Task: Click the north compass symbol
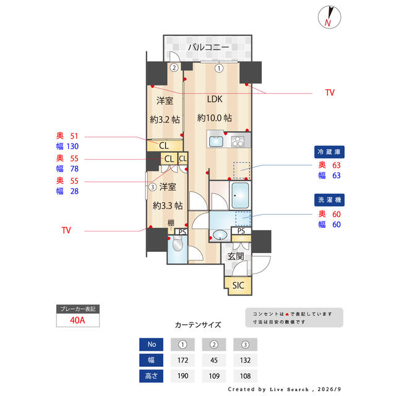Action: coord(329,17)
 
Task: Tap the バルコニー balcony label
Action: coord(209,47)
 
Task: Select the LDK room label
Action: coord(215,99)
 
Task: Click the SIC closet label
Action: coord(238,285)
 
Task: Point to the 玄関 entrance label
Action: coord(236,256)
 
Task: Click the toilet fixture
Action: coord(178,243)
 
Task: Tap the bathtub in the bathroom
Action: coord(240,196)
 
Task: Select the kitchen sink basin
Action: coord(216,142)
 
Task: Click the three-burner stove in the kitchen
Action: coord(238,142)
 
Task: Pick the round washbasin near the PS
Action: coord(220,235)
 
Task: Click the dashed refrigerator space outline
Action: coord(241,170)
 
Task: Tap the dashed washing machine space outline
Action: coord(243,218)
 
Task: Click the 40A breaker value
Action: coord(77,321)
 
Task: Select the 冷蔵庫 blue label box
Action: coord(329,152)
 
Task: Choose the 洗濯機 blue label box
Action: coord(329,200)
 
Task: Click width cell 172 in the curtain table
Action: coord(183,360)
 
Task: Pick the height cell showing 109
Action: coord(214,376)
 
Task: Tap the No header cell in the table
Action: coord(151,344)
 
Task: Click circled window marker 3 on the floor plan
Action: coord(152,187)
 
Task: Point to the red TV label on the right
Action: coord(330,92)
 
